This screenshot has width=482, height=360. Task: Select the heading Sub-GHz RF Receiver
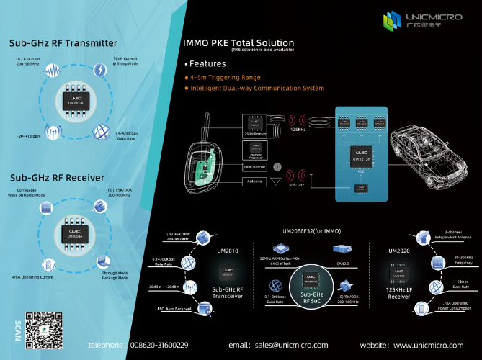(58, 176)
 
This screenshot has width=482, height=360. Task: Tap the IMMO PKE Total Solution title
(239, 43)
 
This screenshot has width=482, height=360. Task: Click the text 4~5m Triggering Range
(226, 77)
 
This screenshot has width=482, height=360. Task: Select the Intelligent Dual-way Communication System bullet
(257, 88)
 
